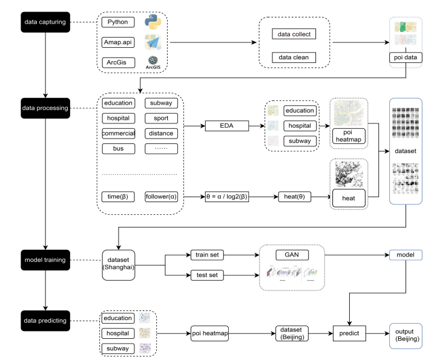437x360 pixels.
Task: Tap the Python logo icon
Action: pyautogui.click(x=152, y=22)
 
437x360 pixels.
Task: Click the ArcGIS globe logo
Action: pyautogui.click(x=152, y=62)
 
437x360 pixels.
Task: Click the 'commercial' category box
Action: pyautogui.click(x=118, y=133)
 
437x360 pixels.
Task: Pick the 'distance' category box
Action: pyautogui.click(x=162, y=133)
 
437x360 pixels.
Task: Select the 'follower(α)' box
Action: pyautogui.click(x=162, y=197)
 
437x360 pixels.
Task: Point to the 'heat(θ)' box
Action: pyautogui.click(x=295, y=197)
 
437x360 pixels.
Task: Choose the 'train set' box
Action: pyautogui.click(x=207, y=254)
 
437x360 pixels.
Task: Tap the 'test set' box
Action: pyautogui.click(x=207, y=276)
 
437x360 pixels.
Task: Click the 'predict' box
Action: pyautogui.click(x=349, y=332)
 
